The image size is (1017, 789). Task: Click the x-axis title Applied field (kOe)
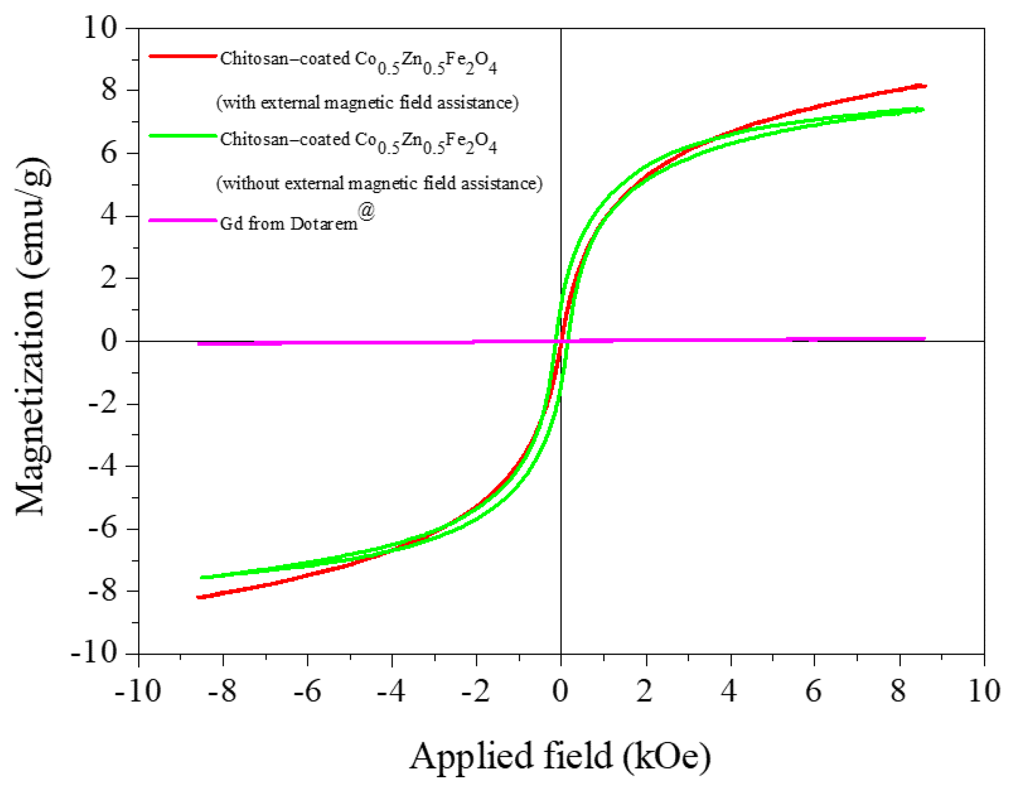coord(559,757)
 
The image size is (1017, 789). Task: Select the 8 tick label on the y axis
coord(109,90)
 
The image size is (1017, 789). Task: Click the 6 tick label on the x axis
coord(814,691)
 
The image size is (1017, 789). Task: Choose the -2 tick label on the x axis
coord(475,691)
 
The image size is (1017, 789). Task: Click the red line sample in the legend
coord(182,56)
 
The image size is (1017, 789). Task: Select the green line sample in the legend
coord(182,136)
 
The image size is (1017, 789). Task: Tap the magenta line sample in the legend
coord(182,220)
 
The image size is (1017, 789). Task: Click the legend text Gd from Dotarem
coord(288,224)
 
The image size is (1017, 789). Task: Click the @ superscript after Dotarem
coord(366,211)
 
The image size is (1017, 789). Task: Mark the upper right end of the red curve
coord(925,86)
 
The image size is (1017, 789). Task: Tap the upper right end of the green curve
coord(922,110)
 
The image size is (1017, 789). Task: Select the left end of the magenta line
coord(199,343)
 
